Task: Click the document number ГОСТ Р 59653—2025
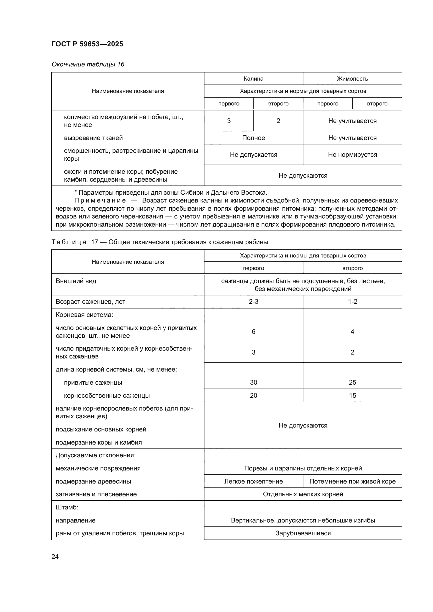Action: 87,44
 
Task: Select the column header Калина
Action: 253,79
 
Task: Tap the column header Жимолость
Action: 352,79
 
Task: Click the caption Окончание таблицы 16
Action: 88,64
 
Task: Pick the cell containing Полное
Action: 253,138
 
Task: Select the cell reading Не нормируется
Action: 352,155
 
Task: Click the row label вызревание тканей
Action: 93,138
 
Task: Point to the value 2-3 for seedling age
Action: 253,301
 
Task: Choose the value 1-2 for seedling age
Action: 352,301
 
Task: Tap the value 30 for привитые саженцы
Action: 253,382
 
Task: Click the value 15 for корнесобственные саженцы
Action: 352,395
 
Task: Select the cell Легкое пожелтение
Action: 253,481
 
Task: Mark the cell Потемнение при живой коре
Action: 352,481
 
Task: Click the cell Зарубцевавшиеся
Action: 303,533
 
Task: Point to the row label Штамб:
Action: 67,507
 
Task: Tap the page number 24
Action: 55,557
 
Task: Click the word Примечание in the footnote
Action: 100,200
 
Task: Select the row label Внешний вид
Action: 76,281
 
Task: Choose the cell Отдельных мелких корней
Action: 303,494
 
